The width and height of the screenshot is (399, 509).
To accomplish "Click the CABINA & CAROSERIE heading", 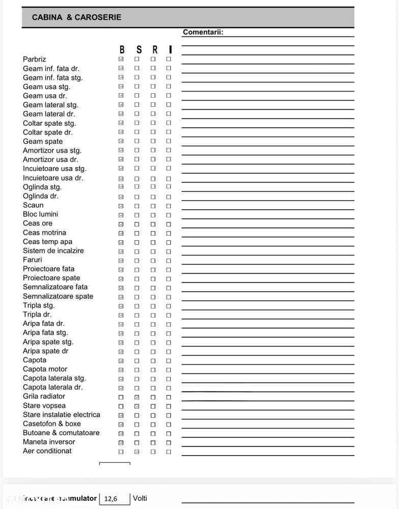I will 76,17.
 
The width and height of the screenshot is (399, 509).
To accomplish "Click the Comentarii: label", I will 203,32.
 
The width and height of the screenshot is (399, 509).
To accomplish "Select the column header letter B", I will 122,49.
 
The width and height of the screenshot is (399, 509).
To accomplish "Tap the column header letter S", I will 139,49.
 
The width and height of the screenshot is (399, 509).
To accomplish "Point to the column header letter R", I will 155,49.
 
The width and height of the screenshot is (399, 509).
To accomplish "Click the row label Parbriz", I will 34,59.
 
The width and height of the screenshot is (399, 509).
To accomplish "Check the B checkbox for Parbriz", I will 121,59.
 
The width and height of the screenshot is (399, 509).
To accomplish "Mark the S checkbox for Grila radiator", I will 137,397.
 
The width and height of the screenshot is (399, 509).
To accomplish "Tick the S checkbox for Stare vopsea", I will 137,406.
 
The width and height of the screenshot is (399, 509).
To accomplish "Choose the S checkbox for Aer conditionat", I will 137,451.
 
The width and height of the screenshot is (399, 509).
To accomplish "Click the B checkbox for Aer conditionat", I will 121,451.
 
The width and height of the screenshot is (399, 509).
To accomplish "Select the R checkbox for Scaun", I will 153,206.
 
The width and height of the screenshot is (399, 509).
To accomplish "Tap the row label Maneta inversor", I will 49,442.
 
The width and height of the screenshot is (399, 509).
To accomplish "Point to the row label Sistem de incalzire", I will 54,250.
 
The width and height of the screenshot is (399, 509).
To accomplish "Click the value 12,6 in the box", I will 111,499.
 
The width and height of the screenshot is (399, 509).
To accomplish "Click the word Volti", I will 140,498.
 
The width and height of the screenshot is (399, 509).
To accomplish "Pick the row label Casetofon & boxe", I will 52,423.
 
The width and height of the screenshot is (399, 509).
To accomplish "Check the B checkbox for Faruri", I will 121,261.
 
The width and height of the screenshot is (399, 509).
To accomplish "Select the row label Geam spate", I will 43,142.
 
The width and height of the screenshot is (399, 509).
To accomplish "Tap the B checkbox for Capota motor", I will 121,370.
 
